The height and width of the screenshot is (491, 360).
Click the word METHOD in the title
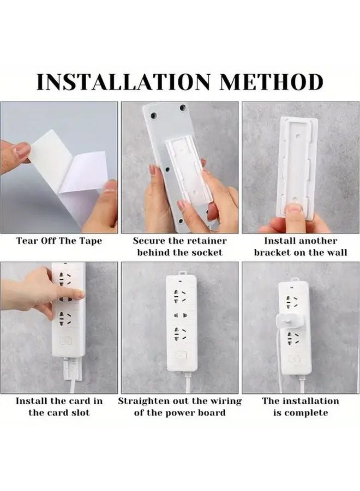click(272, 82)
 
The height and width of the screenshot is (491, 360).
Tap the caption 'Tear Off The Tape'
click(59, 241)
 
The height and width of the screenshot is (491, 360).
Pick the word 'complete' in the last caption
click(310, 412)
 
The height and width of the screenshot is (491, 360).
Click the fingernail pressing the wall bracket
click(295, 208)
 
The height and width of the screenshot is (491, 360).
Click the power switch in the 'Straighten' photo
click(181, 355)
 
